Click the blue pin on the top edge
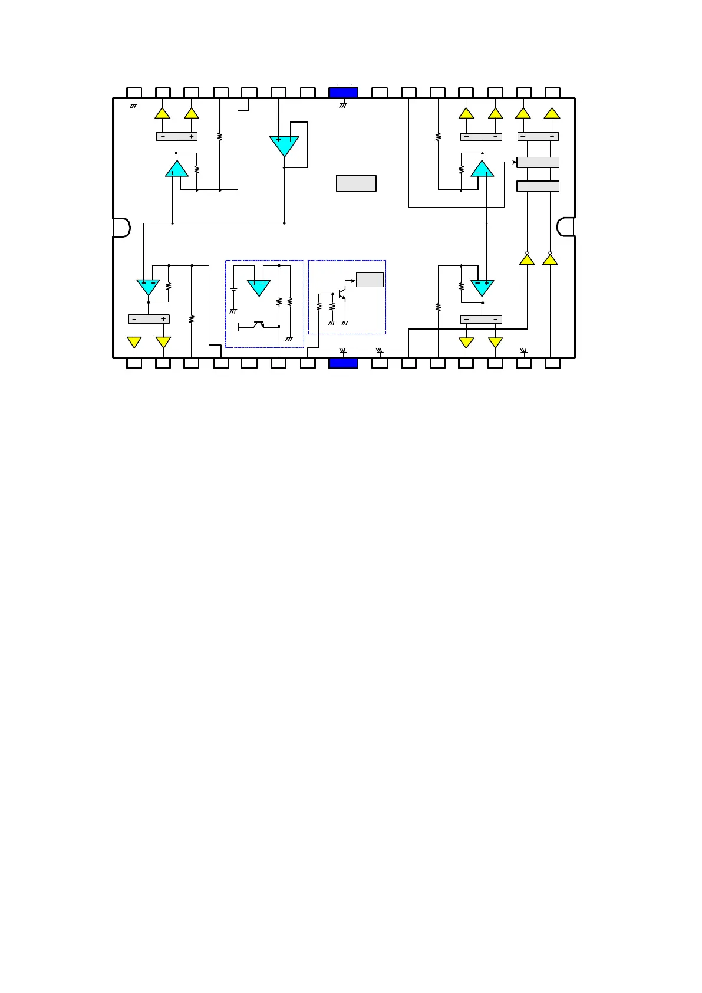343,93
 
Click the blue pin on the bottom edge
343,363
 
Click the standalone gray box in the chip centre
356,183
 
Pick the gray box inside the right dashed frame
370,280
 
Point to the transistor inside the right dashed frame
341,292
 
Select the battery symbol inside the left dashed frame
233,290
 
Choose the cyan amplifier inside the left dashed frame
259,287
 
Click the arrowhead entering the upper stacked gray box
514,162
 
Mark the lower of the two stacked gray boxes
538,186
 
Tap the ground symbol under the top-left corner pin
133,106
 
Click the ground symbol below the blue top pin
343,106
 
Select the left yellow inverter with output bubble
527,258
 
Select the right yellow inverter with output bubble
550,258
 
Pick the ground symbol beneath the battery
233,310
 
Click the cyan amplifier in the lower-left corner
148,287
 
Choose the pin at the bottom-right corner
552,363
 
